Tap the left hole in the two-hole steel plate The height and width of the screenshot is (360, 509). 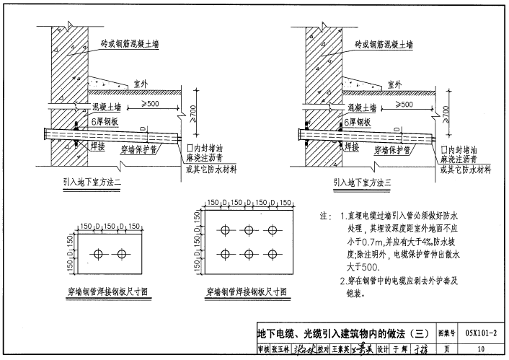tap(99, 253)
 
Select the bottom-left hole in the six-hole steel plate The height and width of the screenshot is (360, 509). tap(227, 253)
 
